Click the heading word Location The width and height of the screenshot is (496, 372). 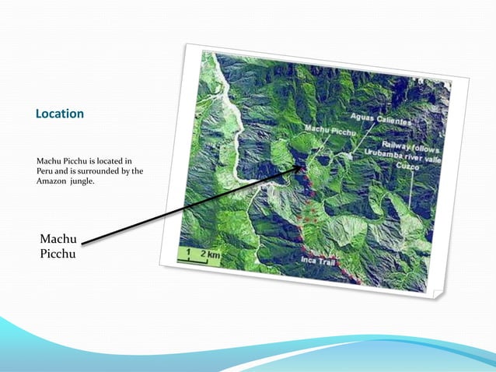pos(60,114)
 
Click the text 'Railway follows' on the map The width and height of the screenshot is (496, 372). pos(411,146)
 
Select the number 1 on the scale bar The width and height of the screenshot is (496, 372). pos(187,253)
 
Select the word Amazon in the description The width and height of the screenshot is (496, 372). pos(55,181)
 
